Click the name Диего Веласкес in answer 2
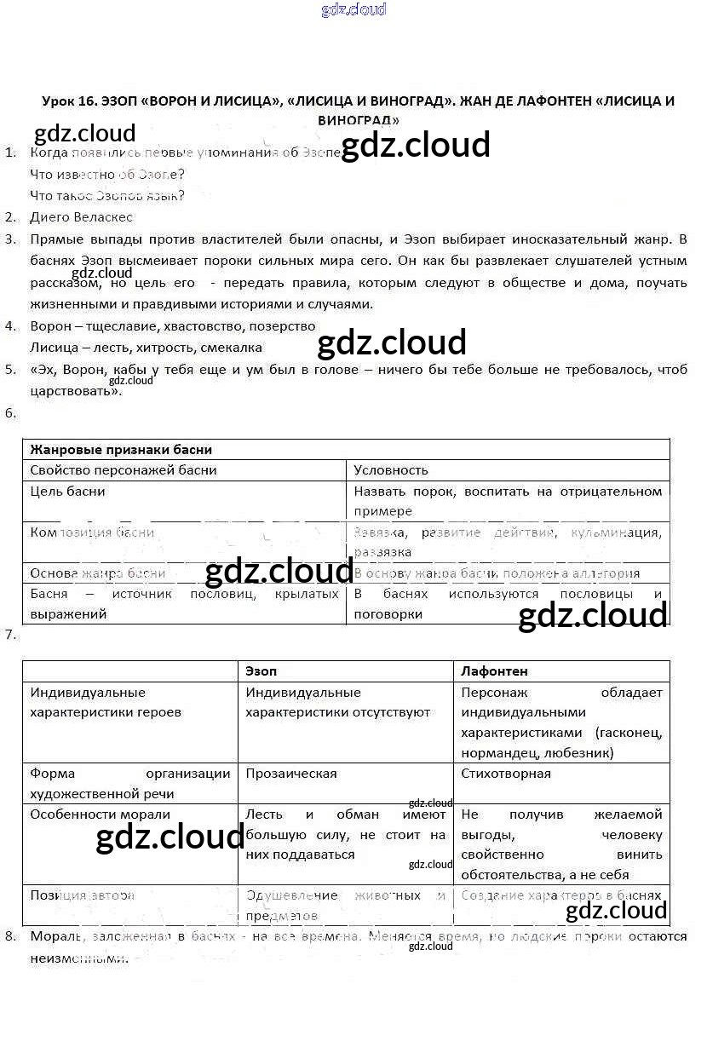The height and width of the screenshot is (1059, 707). (81, 216)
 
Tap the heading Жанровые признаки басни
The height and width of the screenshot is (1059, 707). (121, 449)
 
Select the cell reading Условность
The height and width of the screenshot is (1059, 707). (391, 469)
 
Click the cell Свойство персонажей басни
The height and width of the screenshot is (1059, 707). (124, 469)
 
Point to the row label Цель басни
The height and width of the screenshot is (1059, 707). (67, 491)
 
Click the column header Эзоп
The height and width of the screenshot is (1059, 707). (261, 671)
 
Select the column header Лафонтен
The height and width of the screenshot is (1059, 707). (494, 671)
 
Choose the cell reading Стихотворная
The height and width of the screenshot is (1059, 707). (506, 774)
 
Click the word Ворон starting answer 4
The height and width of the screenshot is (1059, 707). (50, 325)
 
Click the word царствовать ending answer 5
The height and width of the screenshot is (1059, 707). (72, 391)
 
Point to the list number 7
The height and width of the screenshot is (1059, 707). (10, 635)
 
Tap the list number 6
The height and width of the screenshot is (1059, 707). (10, 413)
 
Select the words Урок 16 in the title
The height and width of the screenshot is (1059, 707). (69, 101)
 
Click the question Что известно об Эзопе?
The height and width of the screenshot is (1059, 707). (106, 174)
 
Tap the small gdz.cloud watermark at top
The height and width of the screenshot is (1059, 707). (353, 9)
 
